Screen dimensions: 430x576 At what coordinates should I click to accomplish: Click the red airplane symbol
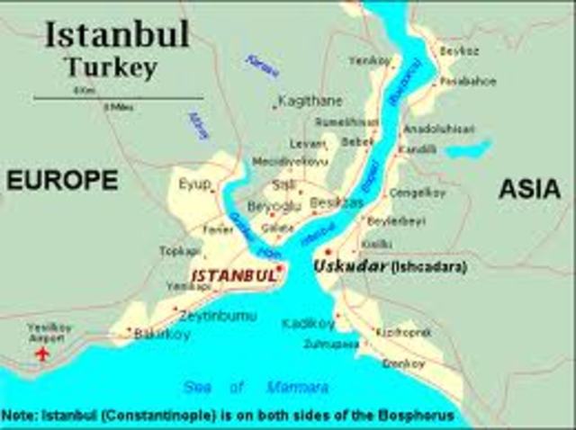[x=41, y=353]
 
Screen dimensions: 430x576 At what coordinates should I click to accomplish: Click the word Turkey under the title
[x=111, y=67]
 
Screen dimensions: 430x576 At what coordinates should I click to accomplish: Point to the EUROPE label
[x=62, y=181]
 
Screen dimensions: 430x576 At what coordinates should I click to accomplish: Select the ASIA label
[x=529, y=188]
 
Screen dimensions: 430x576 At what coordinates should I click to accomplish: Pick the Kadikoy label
[x=308, y=323]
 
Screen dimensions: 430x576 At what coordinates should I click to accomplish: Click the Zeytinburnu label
[x=217, y=316]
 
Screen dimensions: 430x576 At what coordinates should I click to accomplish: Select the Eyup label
[x=193, y=184]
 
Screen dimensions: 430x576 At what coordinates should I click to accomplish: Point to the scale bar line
[x=118, y=97]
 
